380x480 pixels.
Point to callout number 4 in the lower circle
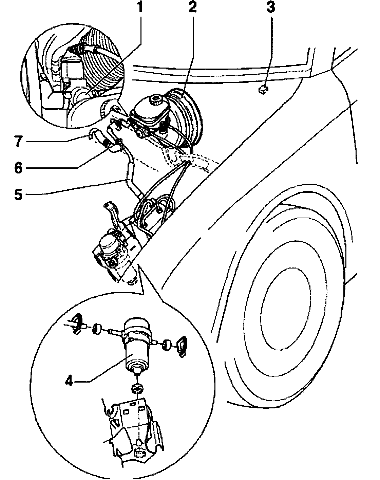(x=70, y=382)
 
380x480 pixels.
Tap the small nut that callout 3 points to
(x=262, y=90)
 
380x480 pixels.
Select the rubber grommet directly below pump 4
(x=137, y=388)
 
